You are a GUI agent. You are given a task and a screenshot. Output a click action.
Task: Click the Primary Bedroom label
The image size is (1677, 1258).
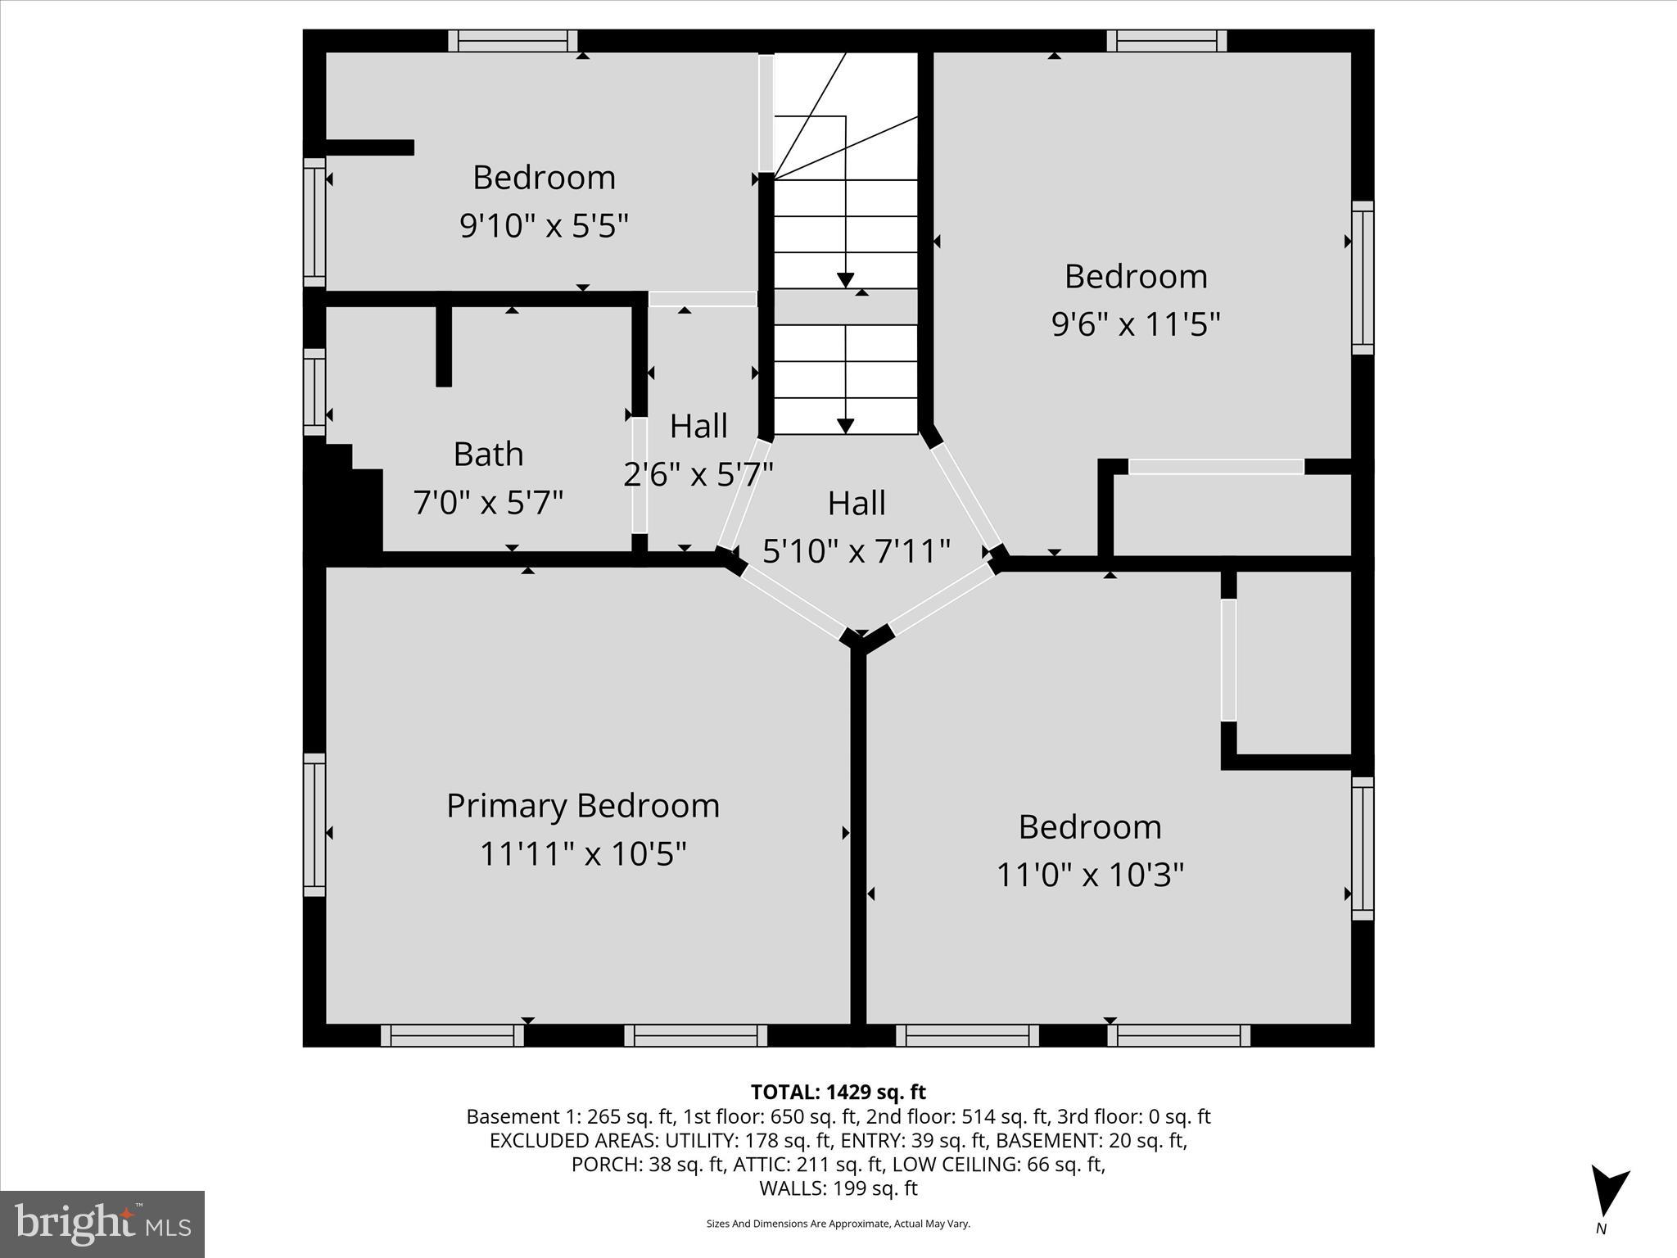coord(582,806)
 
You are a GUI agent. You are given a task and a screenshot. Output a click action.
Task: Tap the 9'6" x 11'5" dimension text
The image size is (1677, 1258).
coord(1136,324)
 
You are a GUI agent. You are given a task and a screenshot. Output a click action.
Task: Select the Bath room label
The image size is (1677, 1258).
coord(488,454)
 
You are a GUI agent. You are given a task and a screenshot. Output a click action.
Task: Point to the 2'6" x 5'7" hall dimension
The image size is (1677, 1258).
coord(698,474)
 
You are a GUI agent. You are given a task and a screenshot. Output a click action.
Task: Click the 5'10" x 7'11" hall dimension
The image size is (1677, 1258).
coord(856,551)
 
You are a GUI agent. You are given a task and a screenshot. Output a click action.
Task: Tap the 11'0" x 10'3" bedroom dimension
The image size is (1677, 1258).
coord(1090,875)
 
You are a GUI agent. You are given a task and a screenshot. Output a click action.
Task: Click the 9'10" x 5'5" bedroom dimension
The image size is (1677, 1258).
coord(544,225)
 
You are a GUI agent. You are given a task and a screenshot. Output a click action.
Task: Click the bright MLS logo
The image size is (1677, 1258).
coord(102,1224)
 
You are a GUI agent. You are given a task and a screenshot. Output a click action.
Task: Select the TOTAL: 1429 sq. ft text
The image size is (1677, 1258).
coord(838,1092)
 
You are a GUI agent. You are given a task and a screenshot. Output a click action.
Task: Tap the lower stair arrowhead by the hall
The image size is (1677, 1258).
coord(845,426)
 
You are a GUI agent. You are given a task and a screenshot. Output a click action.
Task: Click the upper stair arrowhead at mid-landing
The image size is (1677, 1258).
coord(845,280)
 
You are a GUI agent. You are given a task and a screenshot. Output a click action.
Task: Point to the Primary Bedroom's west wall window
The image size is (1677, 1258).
coord(314,825)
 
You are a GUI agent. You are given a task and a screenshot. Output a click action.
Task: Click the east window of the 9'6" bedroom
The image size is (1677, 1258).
coord(1362,278)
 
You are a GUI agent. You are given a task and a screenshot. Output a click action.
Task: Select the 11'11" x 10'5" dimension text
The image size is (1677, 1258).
coord(582,854)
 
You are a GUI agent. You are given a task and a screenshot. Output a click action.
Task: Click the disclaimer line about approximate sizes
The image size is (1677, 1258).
coord(838,1224)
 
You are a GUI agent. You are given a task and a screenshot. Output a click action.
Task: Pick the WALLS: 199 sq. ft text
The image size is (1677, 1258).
coord(838,1188)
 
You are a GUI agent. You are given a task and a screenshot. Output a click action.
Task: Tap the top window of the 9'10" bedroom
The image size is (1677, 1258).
coord(513,41)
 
